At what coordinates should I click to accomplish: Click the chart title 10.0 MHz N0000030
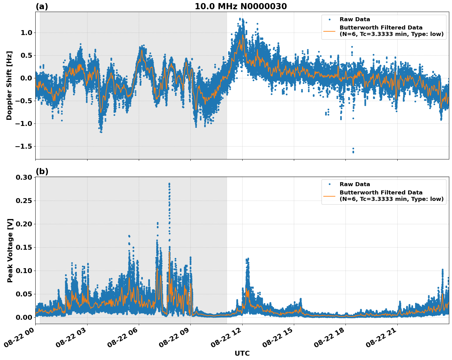(241, 6)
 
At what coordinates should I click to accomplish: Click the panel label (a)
(42, 6)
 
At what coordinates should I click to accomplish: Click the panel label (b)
(42, 171)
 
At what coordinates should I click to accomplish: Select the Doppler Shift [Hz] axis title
(9, 85)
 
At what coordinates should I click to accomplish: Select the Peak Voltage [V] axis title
(10, 250)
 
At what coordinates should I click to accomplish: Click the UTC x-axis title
(242, 353)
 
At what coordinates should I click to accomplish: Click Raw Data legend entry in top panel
(355, 20)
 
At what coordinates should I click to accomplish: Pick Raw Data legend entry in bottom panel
(355, 184)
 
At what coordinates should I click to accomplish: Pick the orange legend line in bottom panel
(329, 196)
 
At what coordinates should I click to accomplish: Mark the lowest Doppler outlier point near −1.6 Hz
(353, 152)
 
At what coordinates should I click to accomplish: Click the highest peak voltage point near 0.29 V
(169, 184)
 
